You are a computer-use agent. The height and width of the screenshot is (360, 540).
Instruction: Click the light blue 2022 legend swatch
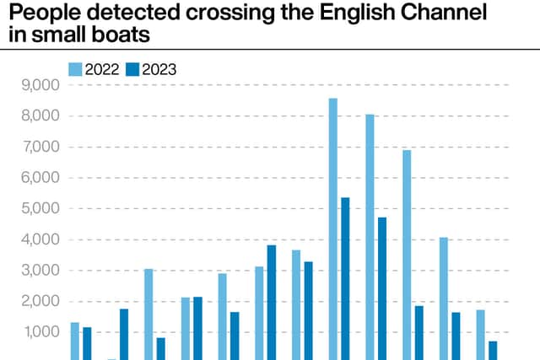point(75,69)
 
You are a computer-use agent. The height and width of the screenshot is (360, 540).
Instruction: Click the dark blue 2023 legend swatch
point(132,69)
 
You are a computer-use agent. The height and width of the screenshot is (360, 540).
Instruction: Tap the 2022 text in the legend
point(102,69)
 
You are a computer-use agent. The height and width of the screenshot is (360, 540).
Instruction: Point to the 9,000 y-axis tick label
point(40,85)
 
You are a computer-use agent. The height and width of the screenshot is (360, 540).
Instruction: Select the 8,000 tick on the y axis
point(40,116)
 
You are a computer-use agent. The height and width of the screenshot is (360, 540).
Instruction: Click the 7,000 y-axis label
point(40,147)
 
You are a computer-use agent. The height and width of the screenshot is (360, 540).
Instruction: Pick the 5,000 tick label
point(40,208)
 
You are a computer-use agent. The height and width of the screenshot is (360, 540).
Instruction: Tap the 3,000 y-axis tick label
point(40,271)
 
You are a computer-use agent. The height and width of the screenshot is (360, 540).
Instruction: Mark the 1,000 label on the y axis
point(40,332)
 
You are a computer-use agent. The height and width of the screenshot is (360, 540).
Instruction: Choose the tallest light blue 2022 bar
point(333,229)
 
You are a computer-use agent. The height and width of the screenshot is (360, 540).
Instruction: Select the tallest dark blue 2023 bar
point(345,279)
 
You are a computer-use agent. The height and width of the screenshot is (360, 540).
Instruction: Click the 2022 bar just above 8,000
point(370,237)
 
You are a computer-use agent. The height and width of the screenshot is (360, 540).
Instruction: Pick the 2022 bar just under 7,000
point(407,255)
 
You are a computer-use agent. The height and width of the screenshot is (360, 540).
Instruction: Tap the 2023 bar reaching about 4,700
point(382,288)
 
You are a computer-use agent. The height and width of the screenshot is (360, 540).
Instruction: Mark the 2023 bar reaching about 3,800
point(272,303)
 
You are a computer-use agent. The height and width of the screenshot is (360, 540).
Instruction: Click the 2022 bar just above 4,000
point(444,298)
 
